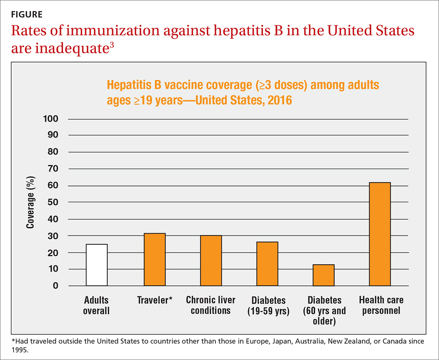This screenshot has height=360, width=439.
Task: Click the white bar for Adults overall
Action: (97, 265)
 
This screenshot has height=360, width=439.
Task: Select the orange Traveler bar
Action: (154, 259)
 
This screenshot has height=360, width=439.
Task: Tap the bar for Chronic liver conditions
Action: (211, 261)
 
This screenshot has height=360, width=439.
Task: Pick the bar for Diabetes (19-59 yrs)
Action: (267, 264)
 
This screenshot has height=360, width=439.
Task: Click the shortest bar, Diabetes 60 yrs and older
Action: (323, 275)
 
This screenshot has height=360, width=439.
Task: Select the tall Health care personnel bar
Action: (380, 234)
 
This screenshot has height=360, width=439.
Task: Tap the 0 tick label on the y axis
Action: (55, 286)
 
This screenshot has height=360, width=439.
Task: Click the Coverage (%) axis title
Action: (30, 203)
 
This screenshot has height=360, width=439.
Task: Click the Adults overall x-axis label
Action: (96, 305)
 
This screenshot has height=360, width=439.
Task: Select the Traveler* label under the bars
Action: (154, 300)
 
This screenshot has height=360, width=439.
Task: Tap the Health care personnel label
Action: (381, 305)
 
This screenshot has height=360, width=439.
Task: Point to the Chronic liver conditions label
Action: (211, 305)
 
